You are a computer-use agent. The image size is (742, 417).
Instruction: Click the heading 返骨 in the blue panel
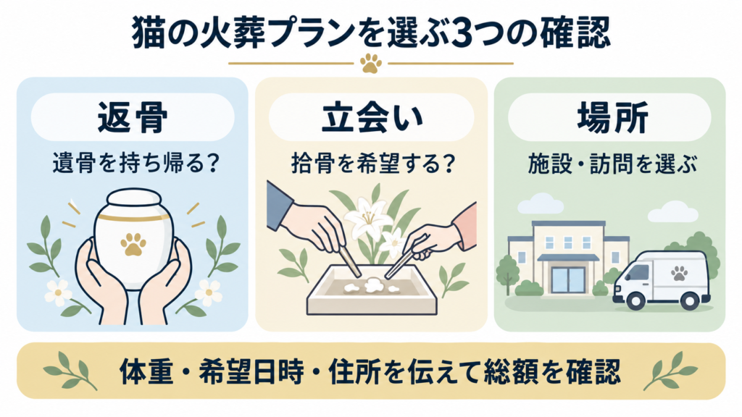(132, 117)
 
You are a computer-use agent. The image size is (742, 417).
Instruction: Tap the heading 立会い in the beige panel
(372, 117)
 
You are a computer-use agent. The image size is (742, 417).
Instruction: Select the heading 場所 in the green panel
(612, 117)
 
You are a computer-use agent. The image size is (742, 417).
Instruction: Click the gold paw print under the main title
(371, 63)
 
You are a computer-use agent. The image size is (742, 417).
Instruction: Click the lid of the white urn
(133, 201)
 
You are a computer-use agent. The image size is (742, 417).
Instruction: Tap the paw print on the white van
(679, 273)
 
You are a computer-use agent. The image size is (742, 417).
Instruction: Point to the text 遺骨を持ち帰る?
(136, 164)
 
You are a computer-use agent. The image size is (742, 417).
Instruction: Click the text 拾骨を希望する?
(373, 164)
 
